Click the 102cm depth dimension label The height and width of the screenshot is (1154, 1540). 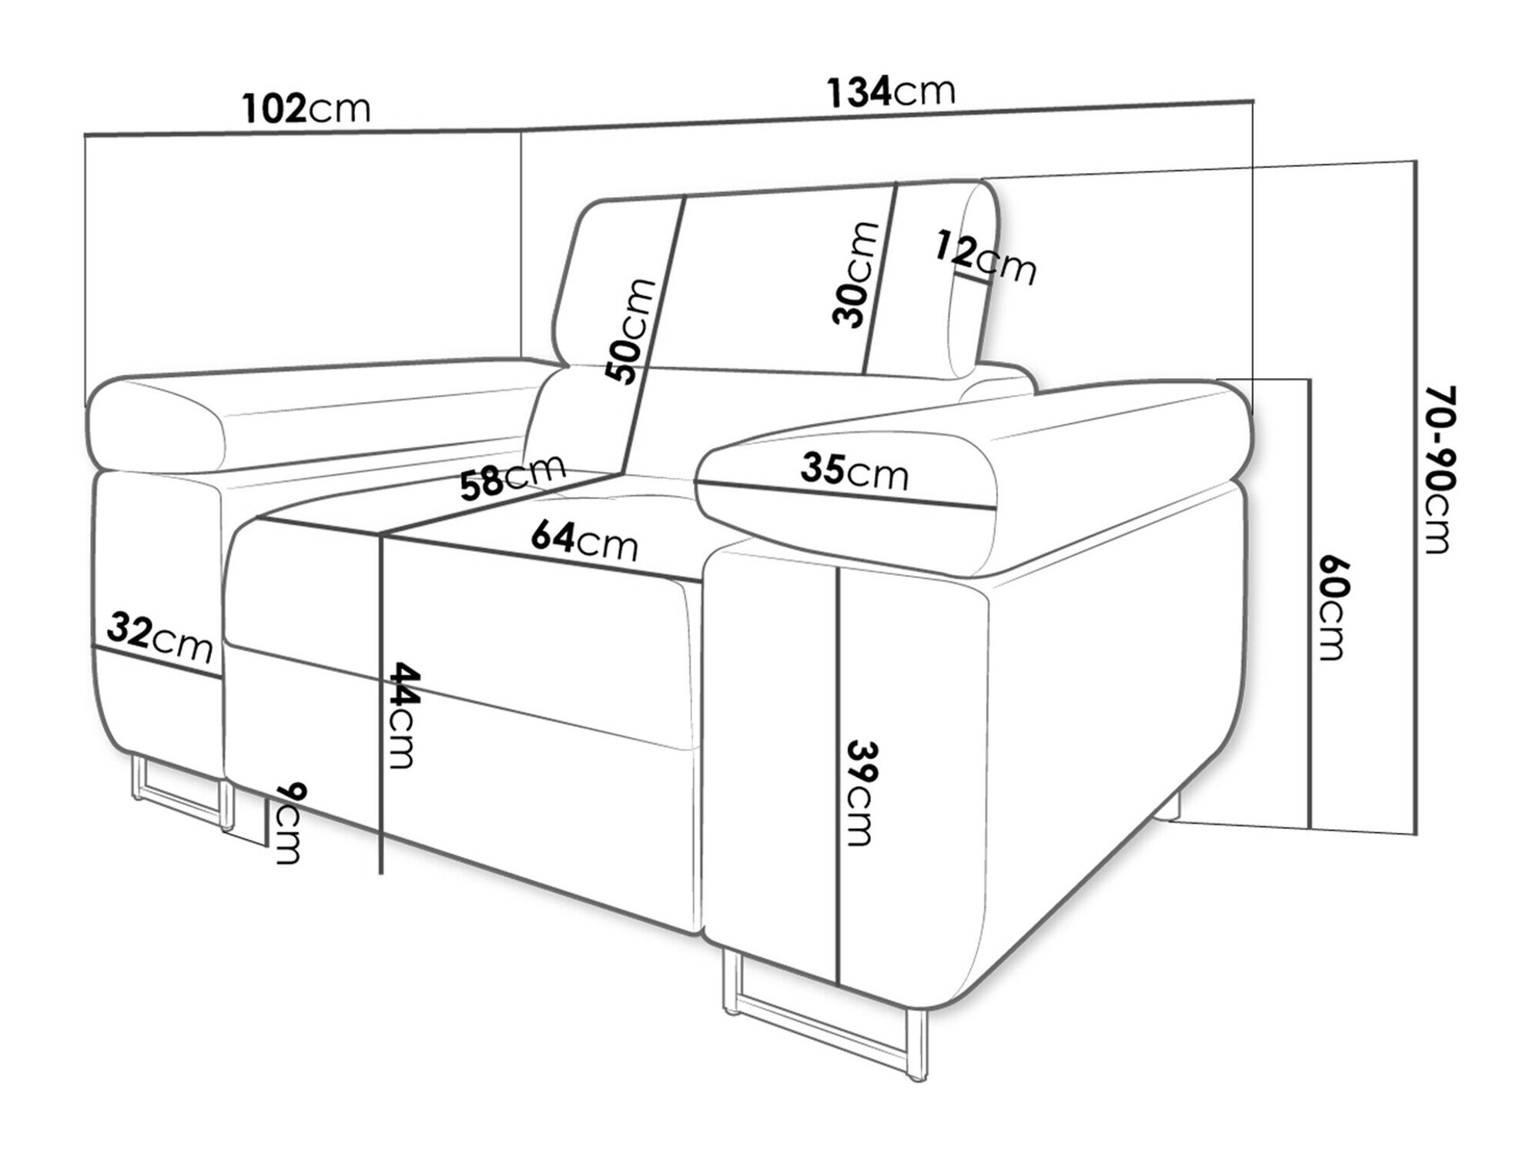306,109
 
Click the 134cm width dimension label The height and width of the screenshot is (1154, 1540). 891,92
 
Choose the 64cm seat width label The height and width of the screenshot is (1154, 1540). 585,540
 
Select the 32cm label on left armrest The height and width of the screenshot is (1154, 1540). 159,637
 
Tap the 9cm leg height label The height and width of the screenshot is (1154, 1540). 288,823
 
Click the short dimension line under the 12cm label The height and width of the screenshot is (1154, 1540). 972,276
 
